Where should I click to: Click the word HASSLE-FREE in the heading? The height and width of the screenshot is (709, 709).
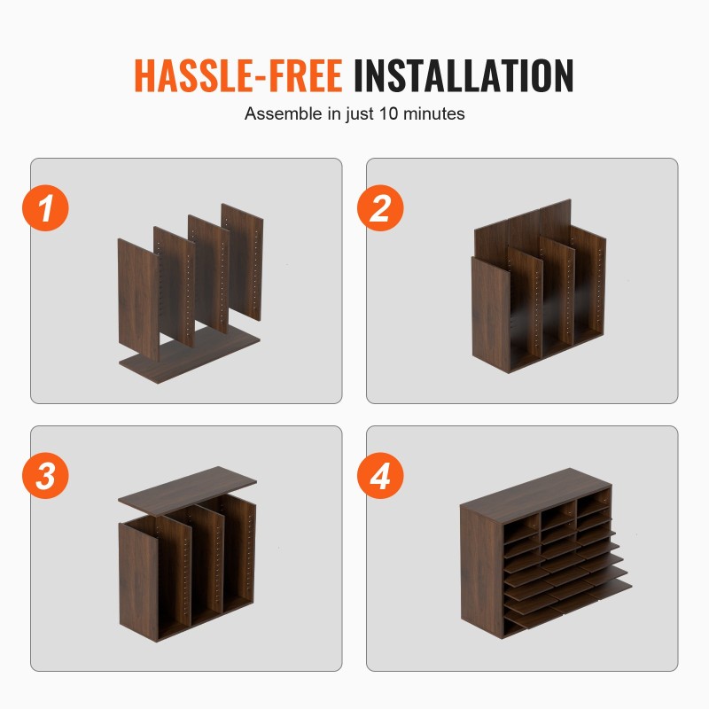(238, 75)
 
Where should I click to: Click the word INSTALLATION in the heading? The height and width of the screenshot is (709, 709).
(464, 75)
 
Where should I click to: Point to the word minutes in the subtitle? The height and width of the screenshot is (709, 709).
(433, 113)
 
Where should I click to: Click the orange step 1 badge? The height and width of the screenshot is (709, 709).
(46, 208)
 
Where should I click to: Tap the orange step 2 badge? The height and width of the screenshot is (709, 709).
(380, 208)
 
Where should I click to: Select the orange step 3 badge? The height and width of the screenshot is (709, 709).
(46, 476)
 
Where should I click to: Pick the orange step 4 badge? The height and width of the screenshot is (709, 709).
(380, 476)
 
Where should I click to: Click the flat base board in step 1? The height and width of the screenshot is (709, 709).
(190, 357)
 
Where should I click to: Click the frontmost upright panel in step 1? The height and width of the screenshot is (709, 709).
(139, 300)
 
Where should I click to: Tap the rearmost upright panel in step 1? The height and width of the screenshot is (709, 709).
(242, 262)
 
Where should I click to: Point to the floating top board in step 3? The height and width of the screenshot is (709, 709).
(187, 492)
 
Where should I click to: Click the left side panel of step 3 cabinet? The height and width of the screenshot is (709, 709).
(138, 581)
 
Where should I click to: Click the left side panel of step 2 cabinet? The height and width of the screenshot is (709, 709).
(491, 315)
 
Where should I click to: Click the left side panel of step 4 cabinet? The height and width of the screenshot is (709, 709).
(481, 572)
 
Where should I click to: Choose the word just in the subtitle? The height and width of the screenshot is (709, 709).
(361, 114)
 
